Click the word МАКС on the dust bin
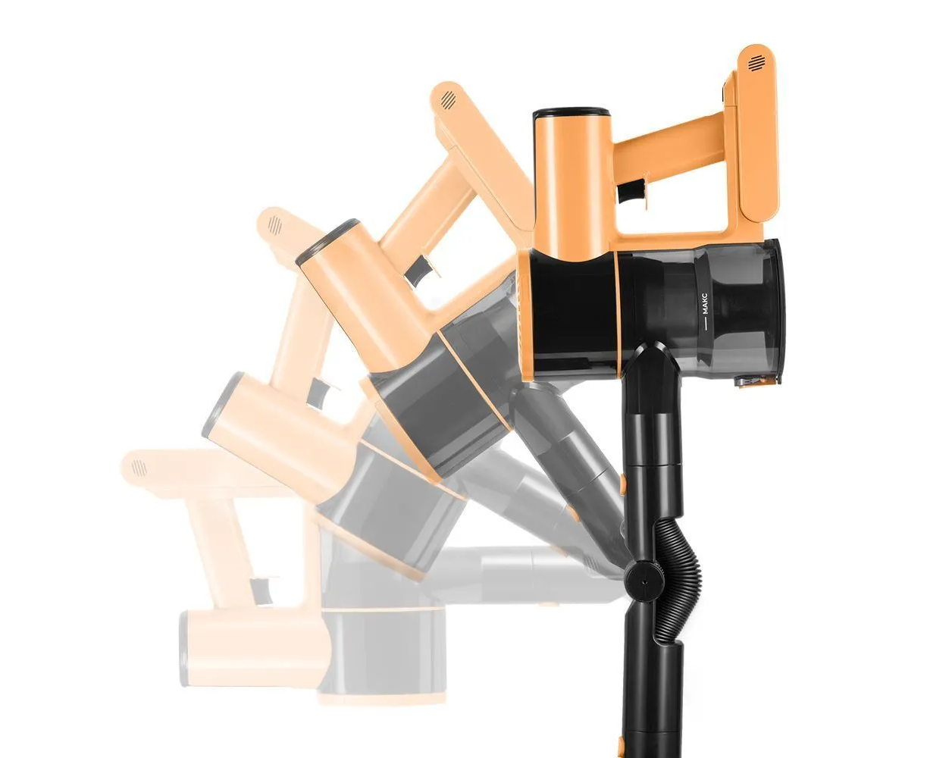tap(706, 303)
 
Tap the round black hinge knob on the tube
tap(644, 581)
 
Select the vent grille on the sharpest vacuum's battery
tap(755, 63)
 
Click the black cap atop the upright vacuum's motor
tap(571, 113)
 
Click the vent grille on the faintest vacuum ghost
tap(139, 468)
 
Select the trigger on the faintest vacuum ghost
tap(262, 590)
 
